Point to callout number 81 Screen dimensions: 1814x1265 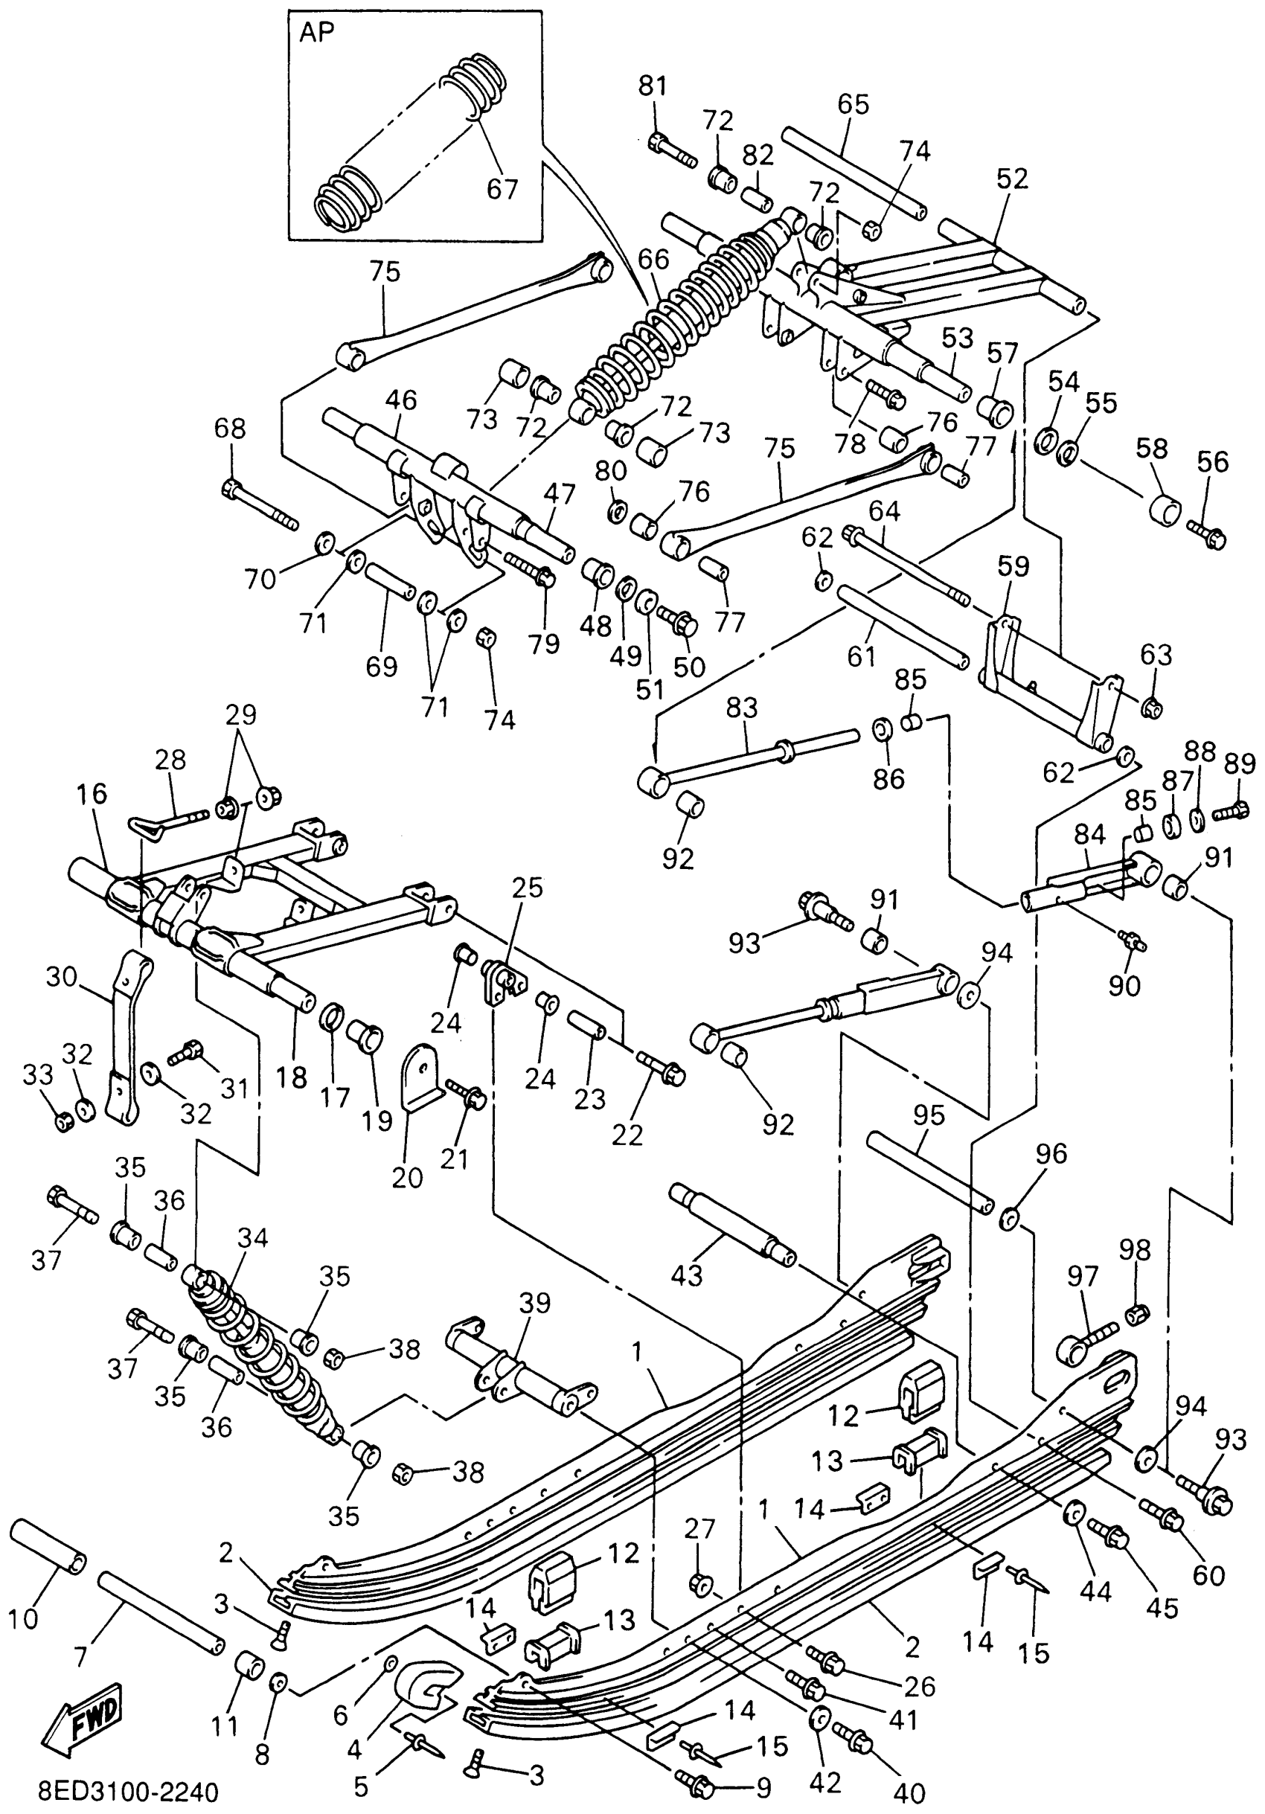click(x=653, y=86)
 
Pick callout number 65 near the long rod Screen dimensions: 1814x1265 click(x=853, y=103)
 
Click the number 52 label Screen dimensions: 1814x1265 click(x=1012, y=179)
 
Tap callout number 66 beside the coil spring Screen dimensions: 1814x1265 click(x=653, y=259)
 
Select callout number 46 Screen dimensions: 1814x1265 click(x=400, y=400)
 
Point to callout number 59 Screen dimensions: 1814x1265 click(x=1013, y=565)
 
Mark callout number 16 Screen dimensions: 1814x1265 click(x=92, y=793)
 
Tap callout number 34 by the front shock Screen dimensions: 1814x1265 click(x=253, y=1237)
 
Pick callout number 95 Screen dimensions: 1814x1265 click(x=929, y=1115)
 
